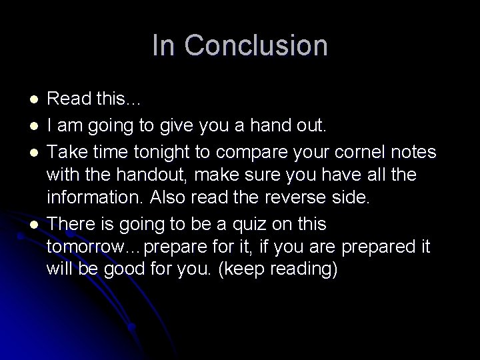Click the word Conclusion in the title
click(257, 45)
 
